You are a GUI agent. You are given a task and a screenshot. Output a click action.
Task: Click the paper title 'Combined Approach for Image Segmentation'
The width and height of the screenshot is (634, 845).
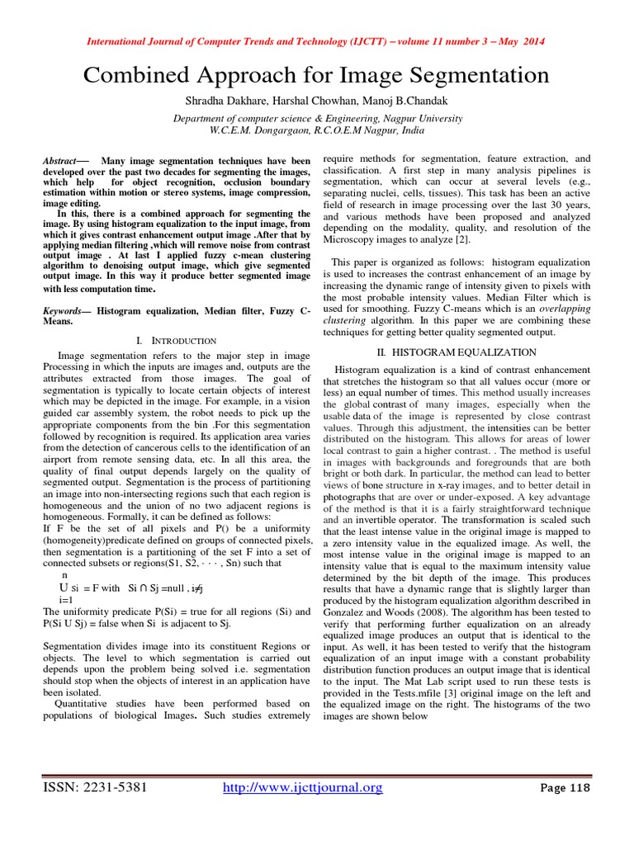pos(316,76)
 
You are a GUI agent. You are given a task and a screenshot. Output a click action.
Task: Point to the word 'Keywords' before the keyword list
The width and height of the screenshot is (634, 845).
pos(64,312)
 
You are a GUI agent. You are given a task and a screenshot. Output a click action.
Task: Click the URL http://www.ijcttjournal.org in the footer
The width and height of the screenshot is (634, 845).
pos(304,788)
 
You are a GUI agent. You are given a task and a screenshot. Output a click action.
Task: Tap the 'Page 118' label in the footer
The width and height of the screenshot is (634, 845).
pos(565,788)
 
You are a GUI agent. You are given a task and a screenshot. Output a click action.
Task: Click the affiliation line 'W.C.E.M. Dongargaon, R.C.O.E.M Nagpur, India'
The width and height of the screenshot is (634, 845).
pos(316,130)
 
